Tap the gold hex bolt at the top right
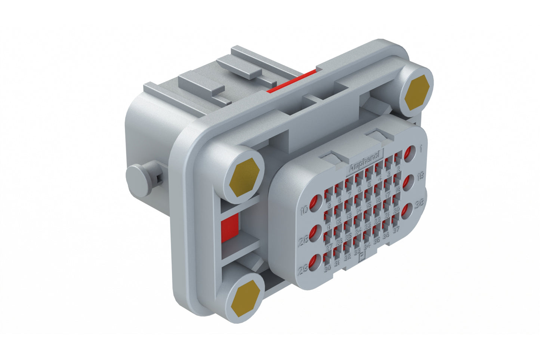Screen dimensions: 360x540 (x=417, y=92)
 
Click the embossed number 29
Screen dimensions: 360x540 (x=303, y=269)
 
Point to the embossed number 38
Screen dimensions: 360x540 (x=419, y=204)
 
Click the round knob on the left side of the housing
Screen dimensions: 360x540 (x=138, y=181)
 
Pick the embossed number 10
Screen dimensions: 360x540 (x=304, y=210)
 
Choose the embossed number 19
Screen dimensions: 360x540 (x=420, y=175)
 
